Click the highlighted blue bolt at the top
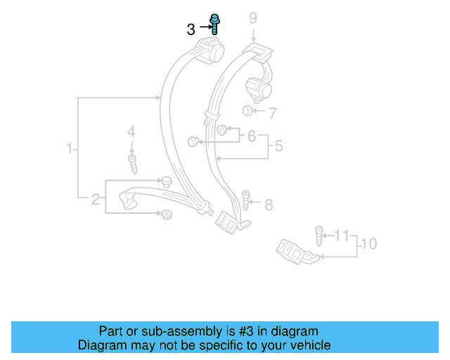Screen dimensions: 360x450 click(x=214, y=25)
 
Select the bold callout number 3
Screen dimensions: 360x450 click(x=191, y=30)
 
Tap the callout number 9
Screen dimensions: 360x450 click(x=253, y=19)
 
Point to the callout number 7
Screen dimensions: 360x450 click(x=273, y=112)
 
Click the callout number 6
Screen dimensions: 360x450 click(x=251, y=136)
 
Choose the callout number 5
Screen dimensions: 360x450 click(x=278, y=146)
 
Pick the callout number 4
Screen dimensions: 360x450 click(x=130, y=131)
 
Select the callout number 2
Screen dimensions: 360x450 click(x=96, y=199)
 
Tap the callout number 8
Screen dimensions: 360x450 click(x=268, y=205)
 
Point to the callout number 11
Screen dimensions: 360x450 click(x=342, y=234)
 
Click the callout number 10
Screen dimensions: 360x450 click(x=368, y=244)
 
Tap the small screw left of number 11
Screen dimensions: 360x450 click(x=319, y=233)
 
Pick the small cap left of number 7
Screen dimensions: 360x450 click(x=247, y=111)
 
